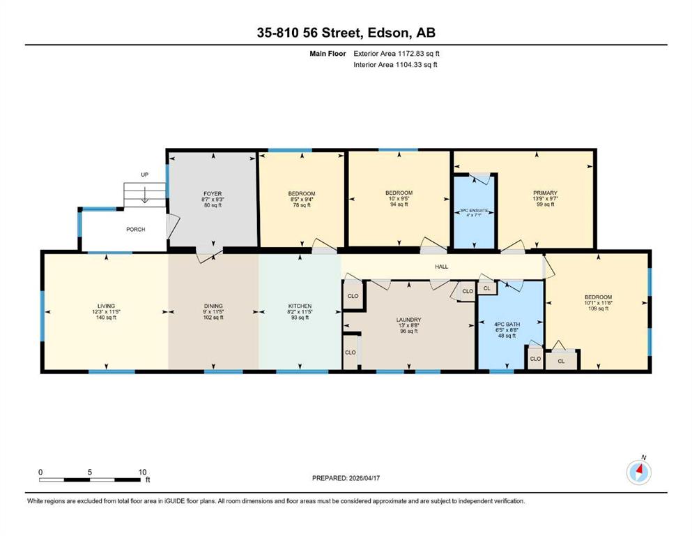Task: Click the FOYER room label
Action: point(213,193)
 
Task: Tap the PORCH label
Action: point(135,230)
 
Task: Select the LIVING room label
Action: point(106,306)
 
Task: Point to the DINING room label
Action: point(213,306)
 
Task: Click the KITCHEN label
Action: point(300,306)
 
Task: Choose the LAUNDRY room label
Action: point(408,320)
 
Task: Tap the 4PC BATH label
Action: point(507,324)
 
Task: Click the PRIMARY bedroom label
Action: point(545,193)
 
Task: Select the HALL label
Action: point(441,267)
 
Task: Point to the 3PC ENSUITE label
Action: point(474,210)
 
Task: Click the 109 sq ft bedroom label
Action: point(599,297)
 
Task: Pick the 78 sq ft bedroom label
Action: point(302,193)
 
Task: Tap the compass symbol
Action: point(638,472)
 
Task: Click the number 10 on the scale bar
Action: point(142,472)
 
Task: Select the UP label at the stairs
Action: point(144,174)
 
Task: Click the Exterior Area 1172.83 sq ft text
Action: point(397,54)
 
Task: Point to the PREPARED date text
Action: point(346,478)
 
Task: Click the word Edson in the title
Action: point(387,33)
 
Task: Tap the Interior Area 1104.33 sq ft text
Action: point(395,64)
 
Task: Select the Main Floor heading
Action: point(328,54)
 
